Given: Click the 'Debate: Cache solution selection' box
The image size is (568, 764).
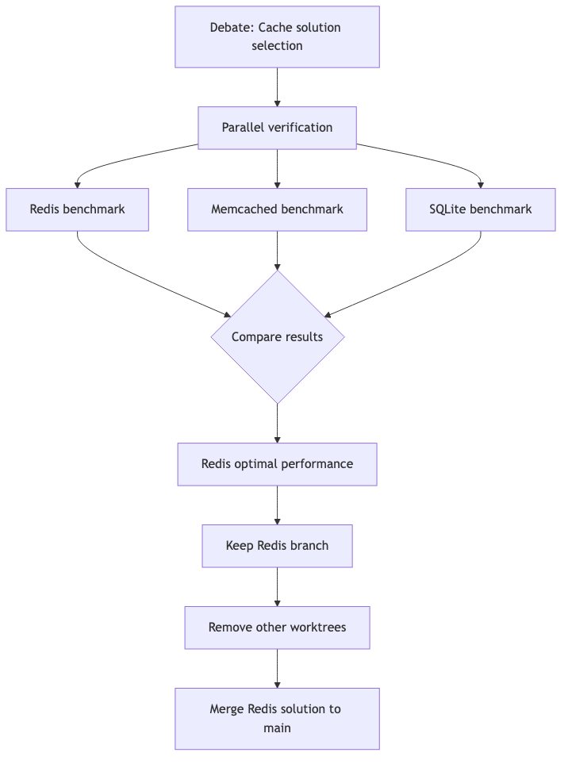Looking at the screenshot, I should click(x=277, y=36).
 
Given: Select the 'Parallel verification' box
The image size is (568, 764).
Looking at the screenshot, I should click(x=277, y=128).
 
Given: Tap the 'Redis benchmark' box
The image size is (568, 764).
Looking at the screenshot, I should click(x=77, y=209).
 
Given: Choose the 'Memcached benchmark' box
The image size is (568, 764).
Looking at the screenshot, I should click(x=277, y=209).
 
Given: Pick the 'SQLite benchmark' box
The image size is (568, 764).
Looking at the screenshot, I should click(x=480, y=209).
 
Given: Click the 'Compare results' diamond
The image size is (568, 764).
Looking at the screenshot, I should click(x=277, y=337).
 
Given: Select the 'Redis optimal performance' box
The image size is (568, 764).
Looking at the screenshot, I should click(x=277, y=464).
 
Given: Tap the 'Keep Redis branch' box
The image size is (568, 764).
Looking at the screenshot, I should click(x=277, y=546).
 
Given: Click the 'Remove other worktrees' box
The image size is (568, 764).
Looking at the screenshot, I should click(x=277, y=628).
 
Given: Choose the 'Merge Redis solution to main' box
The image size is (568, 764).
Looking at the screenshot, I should click(x=277, y=718).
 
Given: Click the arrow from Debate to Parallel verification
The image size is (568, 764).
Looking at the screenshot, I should click(x=277, y=87).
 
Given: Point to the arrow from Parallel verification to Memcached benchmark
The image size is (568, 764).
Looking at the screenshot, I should click(x=277, y=168).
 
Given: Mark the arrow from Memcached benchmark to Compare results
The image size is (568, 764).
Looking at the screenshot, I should click(x=277, y=250).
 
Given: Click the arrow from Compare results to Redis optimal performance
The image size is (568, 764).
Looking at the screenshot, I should click(x=277, y=423).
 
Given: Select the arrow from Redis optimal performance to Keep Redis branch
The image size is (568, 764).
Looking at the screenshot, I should click(x=277, y=505).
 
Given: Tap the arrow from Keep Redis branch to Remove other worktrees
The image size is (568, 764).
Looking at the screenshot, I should click(x=277, y=587).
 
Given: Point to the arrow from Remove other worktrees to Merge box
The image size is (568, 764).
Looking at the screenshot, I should click(x=277, y=668).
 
